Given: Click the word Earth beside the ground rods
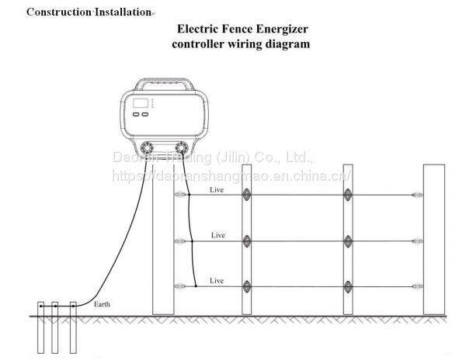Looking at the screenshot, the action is [x=102, y=304].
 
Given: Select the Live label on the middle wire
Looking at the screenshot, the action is [x=218, y=234].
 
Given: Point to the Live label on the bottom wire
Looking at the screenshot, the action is [x=218, y=279].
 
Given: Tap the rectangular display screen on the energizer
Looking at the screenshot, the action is [x=141, y=102].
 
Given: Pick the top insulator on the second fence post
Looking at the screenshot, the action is [x=247, y=195].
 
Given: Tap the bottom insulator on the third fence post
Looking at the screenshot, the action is [x=347, y=285].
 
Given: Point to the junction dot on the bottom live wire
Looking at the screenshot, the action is [x=196, y=287].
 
